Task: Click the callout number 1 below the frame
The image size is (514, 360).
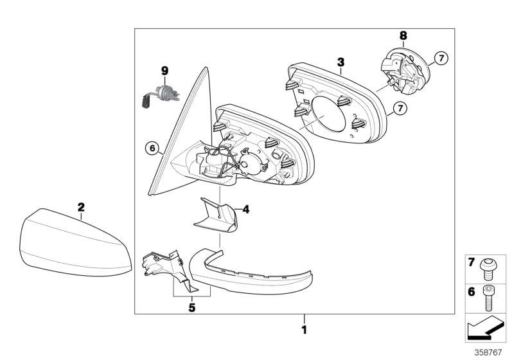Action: click(x=305, y=330)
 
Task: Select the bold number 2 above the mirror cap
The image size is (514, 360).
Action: click(x=81, y=207)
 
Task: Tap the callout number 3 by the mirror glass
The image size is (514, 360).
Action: click(x=341, y=62)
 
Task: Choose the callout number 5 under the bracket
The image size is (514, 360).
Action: click(x=191, y=307)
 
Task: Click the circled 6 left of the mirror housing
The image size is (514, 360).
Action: click(x=152, y=149)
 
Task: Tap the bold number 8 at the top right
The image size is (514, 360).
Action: click(x=403, y=35)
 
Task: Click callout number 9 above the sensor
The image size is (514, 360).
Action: click(x=164, y=69)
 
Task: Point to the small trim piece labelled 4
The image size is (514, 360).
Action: click(x=216, y=215)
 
